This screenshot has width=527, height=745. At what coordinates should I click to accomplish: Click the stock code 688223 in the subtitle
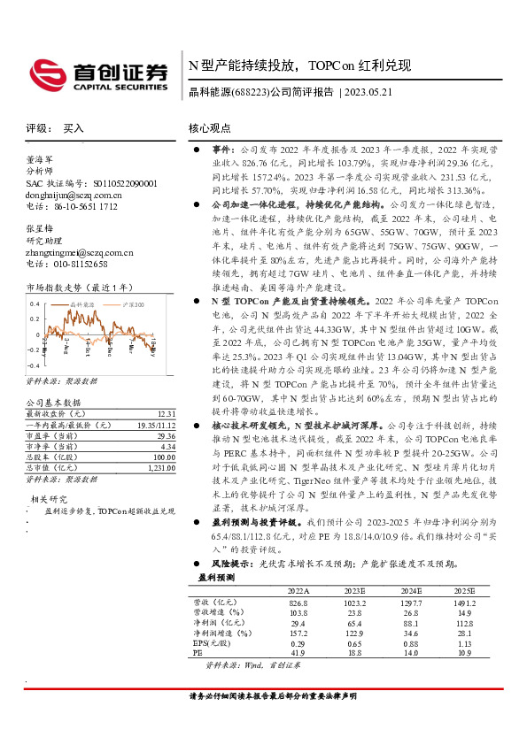point(248,92)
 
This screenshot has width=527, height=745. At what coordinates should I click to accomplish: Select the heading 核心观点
point(211,128)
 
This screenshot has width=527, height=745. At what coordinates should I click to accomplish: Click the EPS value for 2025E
point(465,644)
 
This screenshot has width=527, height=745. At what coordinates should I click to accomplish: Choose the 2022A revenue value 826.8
point(298,603)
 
